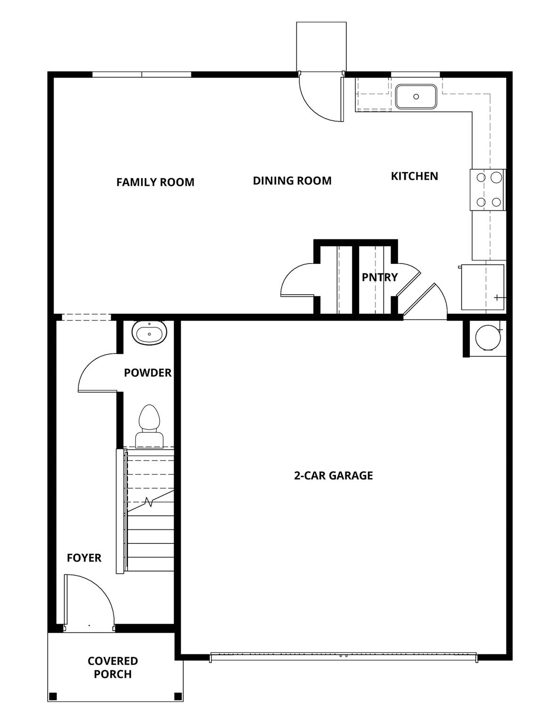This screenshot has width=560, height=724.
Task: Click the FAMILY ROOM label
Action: pyautogui.click(x=155, y=182)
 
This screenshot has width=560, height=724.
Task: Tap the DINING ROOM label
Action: pyautogui.click(x=292, y=181)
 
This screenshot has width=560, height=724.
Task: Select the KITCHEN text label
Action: pyautogui.click(x=414, y=176)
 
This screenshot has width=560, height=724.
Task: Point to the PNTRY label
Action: pyautogui.click(x=379, y=277)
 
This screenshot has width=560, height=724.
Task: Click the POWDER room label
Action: pyautogui.click(x=148, y=373)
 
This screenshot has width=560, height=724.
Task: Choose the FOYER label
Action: pyautogui.click(x=84, y=558)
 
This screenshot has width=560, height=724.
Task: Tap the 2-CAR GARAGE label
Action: pyautogui.click(x=333, y=475)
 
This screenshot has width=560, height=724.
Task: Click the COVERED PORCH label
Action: pyautogui.click(x=113, y=667)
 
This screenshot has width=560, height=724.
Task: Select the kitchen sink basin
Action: pyautogui.click(x=416, y=97)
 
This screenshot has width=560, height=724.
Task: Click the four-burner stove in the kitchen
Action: pyautogui.click(x=488, y=189)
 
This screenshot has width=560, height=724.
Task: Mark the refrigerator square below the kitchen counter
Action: pyautogui.click(x=482, y=287)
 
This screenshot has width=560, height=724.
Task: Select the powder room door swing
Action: pyautogui.click(x=97, y=372)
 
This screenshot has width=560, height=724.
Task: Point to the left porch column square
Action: pyautogui.click(x=53, y=696)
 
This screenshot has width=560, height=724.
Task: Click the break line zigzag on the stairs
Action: pyautogui.click(x=150, y=502)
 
